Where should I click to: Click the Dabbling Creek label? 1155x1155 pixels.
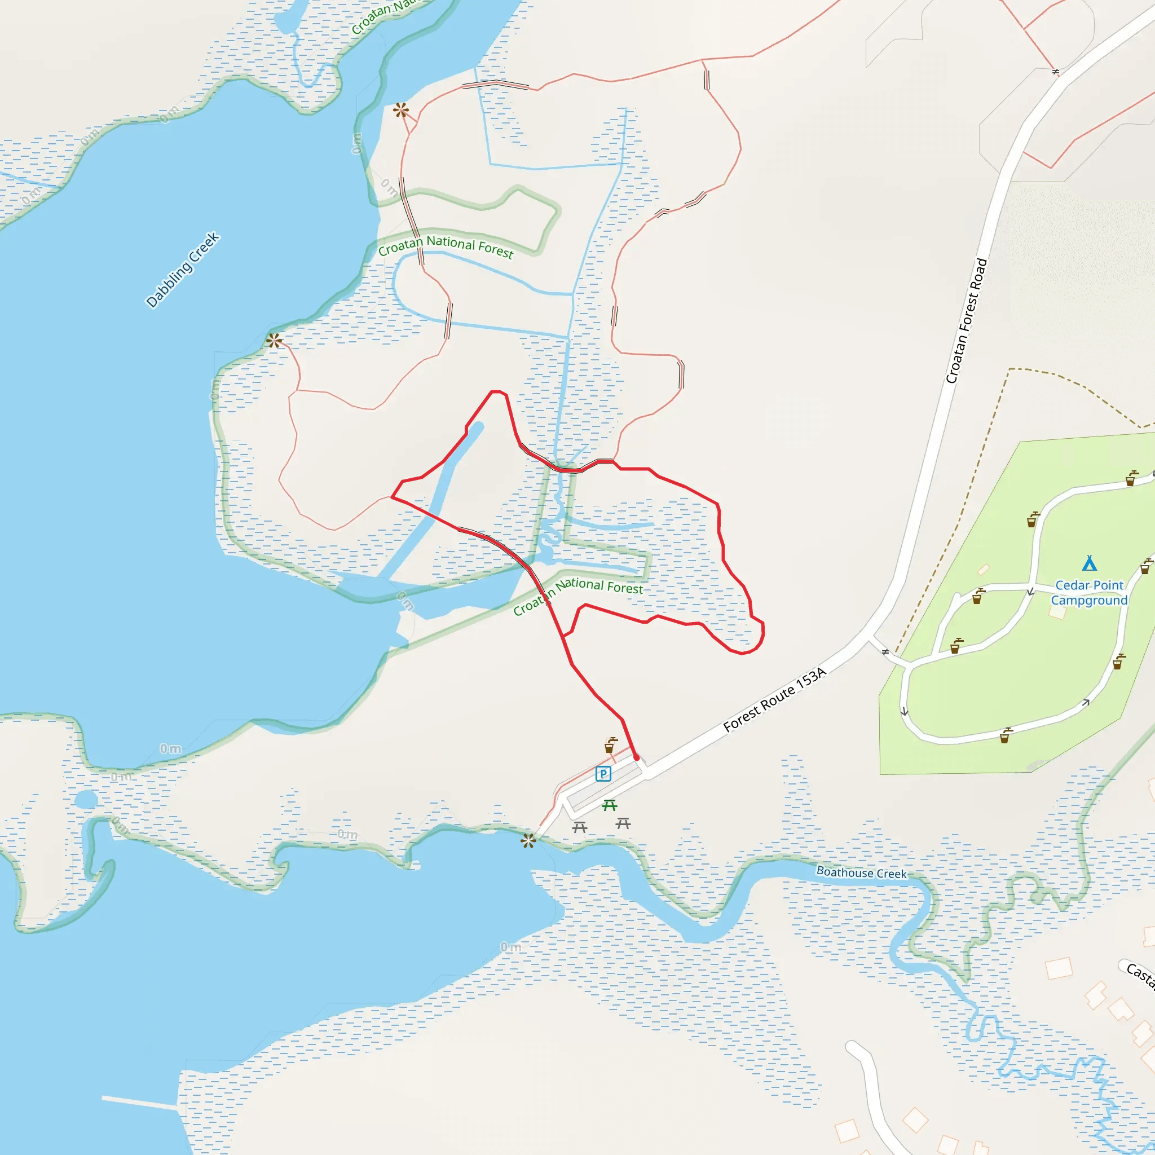point(183,270)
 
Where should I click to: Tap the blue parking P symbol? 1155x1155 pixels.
point(603,774)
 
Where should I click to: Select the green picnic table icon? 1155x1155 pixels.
point(609,805)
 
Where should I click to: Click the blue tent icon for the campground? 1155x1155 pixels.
point(1089,563)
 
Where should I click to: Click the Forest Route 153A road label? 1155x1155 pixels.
point(774,699)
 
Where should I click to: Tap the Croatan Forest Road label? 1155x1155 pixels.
point(966,320)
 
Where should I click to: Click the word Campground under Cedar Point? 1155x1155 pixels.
point(1089,600)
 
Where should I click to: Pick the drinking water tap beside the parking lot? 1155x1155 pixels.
point(610,745)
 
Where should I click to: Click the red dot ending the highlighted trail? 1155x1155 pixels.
point(637,757)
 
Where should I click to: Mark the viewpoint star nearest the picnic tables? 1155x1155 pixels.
point(528,841)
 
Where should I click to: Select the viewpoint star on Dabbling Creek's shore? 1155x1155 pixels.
point(275,341)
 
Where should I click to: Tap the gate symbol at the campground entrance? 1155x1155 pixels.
point(885,651)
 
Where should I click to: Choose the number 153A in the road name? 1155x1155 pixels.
point(810,678)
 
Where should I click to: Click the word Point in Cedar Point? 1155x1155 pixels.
point(1108,585)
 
